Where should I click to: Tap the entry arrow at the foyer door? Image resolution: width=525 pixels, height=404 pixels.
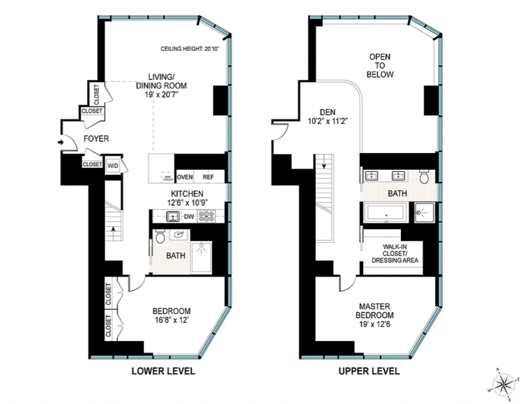click(61, 142)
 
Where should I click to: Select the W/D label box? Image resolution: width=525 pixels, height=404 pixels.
click(113, 166)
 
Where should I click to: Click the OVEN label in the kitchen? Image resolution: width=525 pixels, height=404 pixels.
click(184, 177)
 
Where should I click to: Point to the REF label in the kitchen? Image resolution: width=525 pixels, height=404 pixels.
click(208, 177)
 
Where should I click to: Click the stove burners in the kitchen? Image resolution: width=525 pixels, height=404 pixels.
click(206, 216)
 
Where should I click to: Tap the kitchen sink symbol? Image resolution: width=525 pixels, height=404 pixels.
click(173, 216)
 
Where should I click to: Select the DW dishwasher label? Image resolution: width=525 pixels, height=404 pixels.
click(189, 217)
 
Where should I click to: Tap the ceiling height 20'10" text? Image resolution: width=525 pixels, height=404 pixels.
click(190, 49)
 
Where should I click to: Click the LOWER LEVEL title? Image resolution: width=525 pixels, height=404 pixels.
click(163, 371)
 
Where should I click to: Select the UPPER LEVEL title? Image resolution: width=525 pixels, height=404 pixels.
click(369, 371)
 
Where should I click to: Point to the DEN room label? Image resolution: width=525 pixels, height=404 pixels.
click(328, 112)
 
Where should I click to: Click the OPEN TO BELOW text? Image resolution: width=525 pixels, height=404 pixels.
click(380, 66)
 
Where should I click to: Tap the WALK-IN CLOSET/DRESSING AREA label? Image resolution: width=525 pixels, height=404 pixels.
click(395, 253)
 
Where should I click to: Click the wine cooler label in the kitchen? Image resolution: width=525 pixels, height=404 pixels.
click(168, 178)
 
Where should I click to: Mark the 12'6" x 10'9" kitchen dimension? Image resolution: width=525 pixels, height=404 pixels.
click(187, 203)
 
